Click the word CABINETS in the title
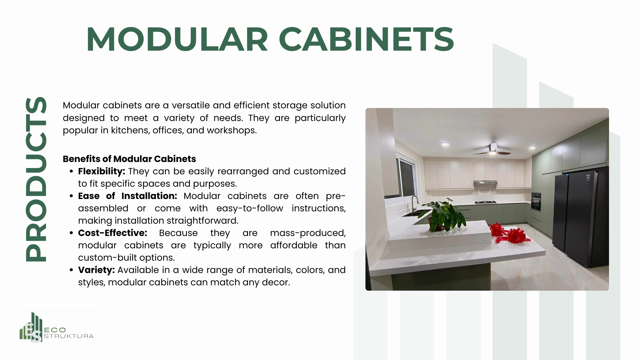(x=366, y=39)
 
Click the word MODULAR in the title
(x=177, y=39)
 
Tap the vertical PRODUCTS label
(x=36, y=179)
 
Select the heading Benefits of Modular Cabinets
(x=129, y=159)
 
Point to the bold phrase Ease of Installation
(x=128, y=196)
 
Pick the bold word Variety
(x=96, y=270)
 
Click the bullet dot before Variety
(x=71, y=270)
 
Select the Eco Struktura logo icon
(x=31, y=327)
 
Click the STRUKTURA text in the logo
(x=69, y=336)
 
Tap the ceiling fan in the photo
(x=492, y=150)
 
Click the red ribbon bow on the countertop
(x=509, y=233)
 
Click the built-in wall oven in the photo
(x=536, y=201)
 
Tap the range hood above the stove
(x=485, y=182)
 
